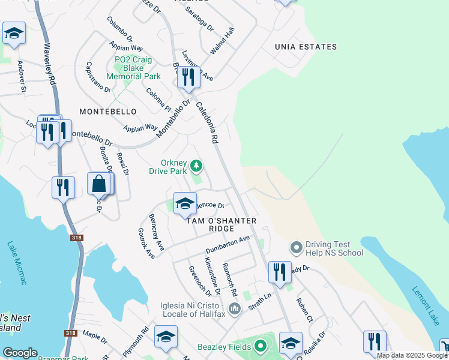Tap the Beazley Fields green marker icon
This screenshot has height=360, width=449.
[260, 346]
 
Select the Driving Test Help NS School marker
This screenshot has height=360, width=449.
[295, 247]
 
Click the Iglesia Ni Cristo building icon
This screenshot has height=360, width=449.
[234, 308]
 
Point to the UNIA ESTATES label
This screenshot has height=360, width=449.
[306, 47]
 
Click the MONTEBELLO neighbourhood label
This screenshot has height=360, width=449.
[108, 112]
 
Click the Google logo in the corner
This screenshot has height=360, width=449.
[20, 353]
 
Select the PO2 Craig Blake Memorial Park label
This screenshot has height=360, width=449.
[133, 68]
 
